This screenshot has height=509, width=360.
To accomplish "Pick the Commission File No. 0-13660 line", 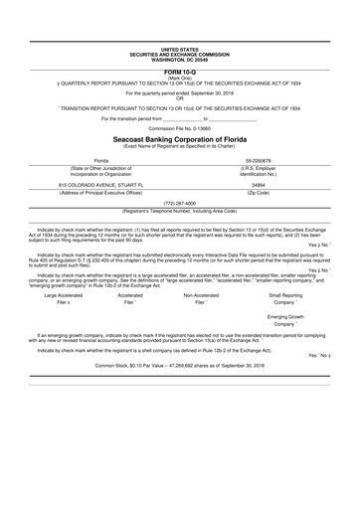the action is click(x=179, y=128).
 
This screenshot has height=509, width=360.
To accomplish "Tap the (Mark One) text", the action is click(x=179, y=80).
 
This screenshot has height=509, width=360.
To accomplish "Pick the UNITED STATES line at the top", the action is click(x=179, y=49).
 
